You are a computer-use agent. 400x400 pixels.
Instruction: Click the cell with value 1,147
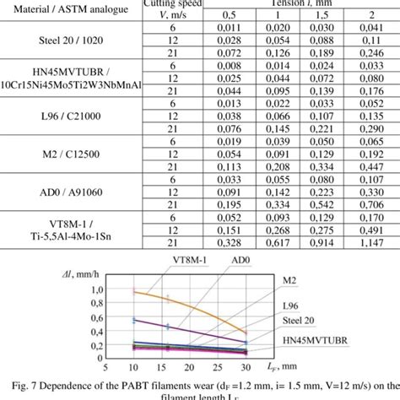[x=365, y=241]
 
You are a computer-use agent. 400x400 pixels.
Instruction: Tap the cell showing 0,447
[x=365, y=165]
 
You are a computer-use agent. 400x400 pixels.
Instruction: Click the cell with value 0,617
[x=273, y=241]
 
